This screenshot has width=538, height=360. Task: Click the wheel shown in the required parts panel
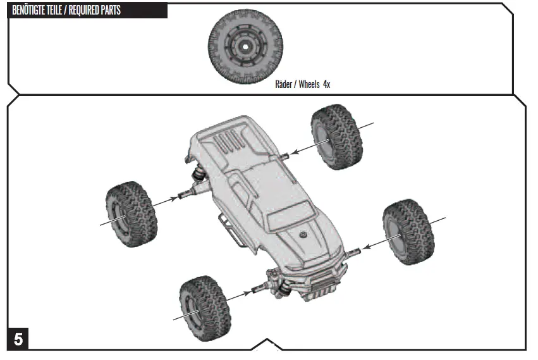[245, 45]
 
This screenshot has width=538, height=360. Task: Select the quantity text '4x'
[326, 84]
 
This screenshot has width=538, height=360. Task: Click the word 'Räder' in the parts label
[284, 84]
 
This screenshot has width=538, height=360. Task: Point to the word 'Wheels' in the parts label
[309, 84]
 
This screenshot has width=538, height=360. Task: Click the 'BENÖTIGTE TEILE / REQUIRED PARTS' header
[66, 11]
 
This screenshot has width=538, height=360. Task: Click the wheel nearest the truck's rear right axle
[337, 137]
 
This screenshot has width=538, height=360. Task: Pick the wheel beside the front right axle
[408, 231]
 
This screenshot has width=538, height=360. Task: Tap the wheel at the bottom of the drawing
[204, 306]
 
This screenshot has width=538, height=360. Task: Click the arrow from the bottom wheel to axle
[237, 295]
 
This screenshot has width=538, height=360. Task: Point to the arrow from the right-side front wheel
[377, 243]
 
